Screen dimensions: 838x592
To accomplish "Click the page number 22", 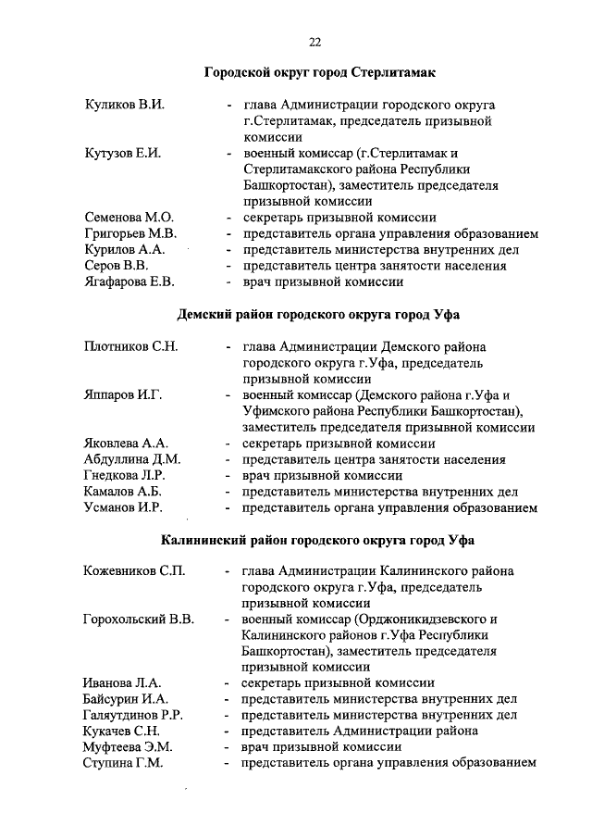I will pos(314,42).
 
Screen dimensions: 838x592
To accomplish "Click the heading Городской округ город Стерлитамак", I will pos(319,72).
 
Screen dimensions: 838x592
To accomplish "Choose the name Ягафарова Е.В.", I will pos(129,281).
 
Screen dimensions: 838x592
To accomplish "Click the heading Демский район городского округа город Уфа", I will pos(319,314).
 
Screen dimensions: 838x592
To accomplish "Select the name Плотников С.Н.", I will pos(130,347).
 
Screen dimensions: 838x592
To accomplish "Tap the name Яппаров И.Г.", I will pos(123,395).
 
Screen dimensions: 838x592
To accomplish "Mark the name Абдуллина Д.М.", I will pos(131,459).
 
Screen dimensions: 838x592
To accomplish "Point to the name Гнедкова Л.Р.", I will pos(127,475).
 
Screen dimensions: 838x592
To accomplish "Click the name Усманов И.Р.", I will pos(123,507).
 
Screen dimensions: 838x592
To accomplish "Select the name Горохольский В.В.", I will pos(138,619).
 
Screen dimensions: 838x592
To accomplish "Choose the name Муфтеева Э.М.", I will pos(129,746).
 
